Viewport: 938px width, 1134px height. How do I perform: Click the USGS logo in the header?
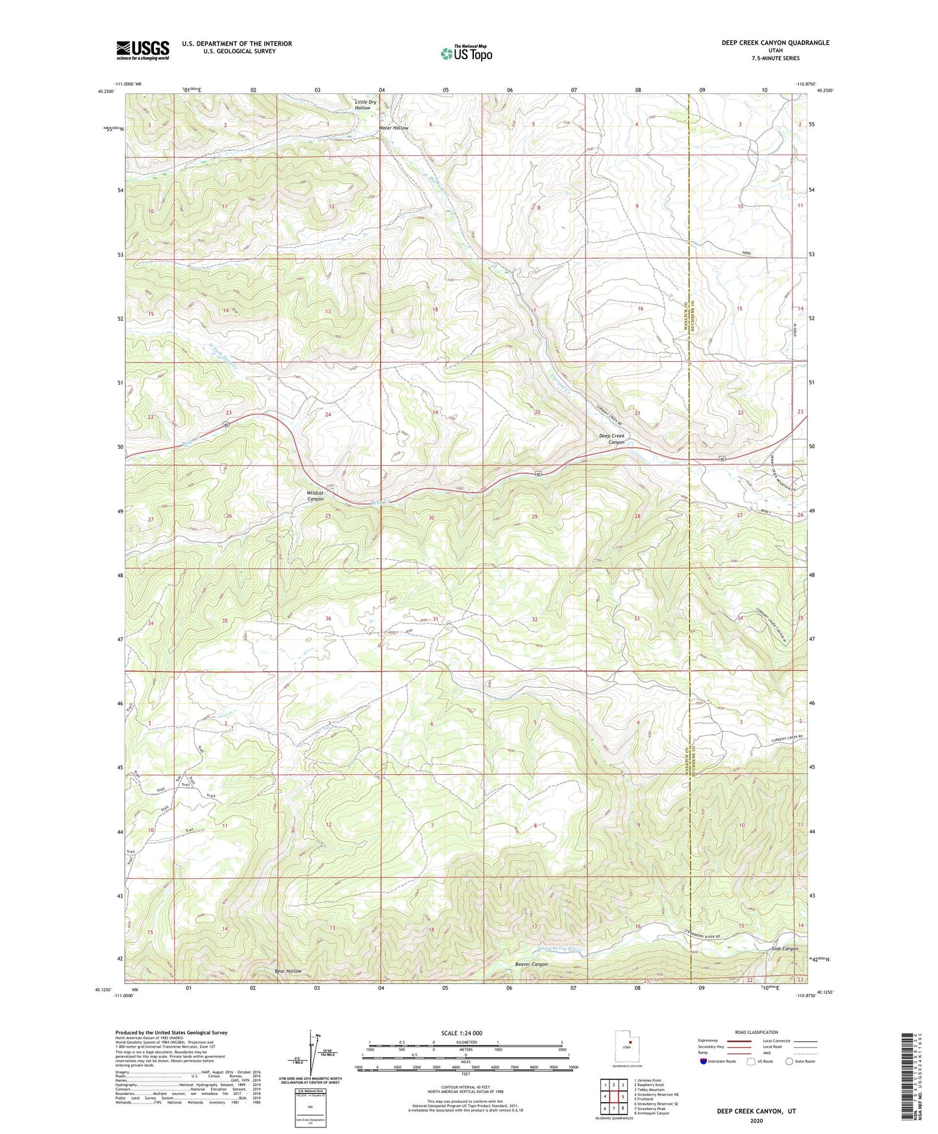click(x=143, y=50)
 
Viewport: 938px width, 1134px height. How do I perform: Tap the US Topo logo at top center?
click(x=465, y=53)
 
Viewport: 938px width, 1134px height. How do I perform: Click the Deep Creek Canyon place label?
click(x=611, y=439)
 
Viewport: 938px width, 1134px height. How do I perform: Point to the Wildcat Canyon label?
click(x=315, y=496)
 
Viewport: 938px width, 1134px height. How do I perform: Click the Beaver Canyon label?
click(x=531, y=964)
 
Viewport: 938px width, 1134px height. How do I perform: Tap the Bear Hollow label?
click(x=288, y=971)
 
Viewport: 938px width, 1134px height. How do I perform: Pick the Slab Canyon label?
click(x=785, y=949)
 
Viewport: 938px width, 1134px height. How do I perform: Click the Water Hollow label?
click(x=393, y=128)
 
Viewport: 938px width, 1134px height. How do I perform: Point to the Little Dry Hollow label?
click(x=365, y=105)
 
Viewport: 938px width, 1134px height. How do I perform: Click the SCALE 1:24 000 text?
click(x=461, y=1033)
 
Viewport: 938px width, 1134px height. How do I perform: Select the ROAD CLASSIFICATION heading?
click(x=757, y=1032)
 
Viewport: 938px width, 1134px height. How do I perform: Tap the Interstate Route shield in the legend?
click(x=704, y=1061)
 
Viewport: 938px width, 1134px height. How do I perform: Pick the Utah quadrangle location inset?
click(x=626, y=1047)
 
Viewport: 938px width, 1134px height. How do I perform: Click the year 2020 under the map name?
click(x=756, y=1120)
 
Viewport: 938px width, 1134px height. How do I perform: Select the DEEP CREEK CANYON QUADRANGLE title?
click(x=775, y=43)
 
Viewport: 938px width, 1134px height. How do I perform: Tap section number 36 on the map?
click(x=328, y=618)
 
